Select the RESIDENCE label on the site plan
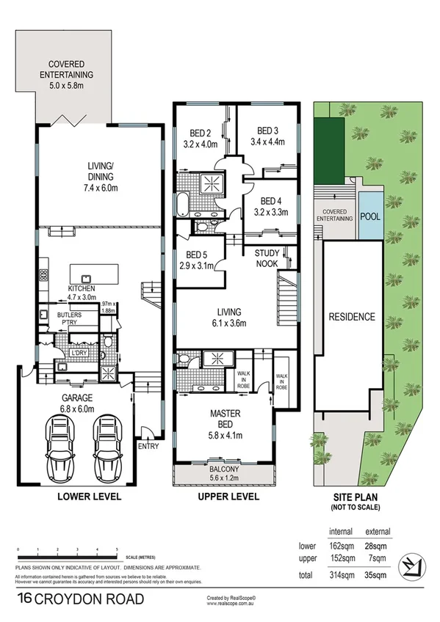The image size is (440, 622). [352, 318]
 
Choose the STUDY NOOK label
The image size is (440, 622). [267, 258]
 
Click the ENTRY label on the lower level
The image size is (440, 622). [148, 446]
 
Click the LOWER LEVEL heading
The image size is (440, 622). [89, 497]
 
